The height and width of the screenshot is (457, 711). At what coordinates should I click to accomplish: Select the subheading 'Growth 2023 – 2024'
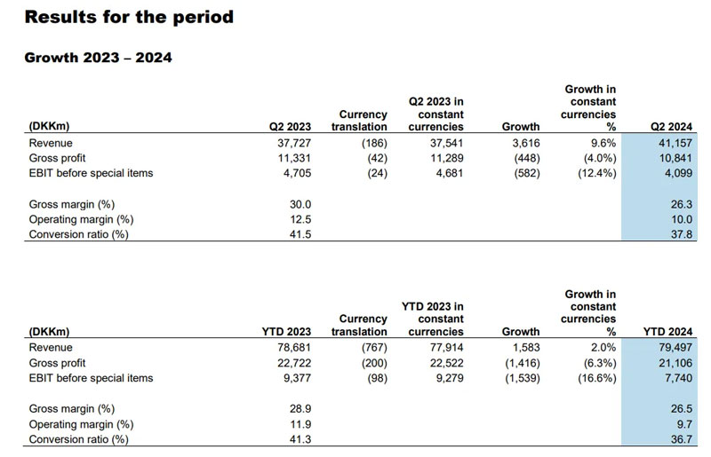(98, 59)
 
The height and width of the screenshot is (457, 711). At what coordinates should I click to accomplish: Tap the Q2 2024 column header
(671, 127)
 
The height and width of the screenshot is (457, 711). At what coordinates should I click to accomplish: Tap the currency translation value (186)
(371, 143)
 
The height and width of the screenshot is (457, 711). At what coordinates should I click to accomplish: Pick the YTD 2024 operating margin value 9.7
(685, 424)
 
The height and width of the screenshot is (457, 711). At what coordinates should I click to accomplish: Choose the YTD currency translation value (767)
(371, 348)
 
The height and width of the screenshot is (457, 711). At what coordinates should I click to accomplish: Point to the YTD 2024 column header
(668, 332)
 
